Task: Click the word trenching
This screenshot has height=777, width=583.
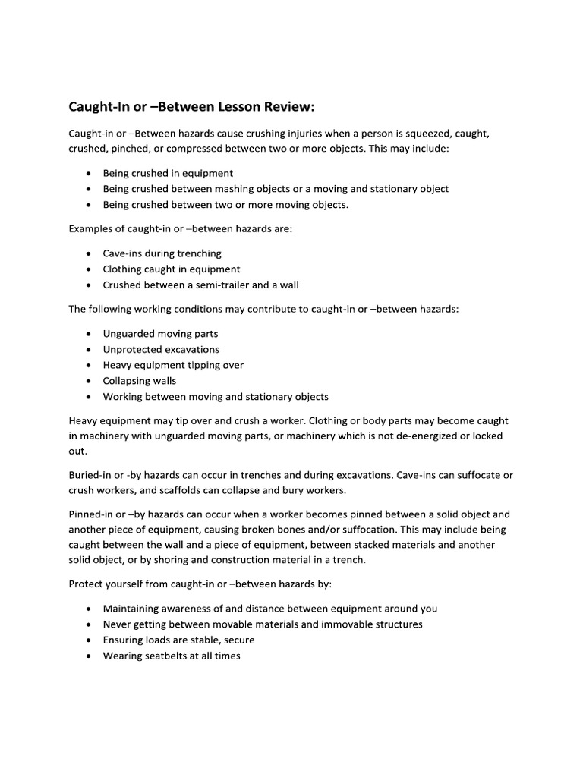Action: (x=195, y=253)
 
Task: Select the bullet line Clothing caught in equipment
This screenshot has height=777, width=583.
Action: (x=172, y=269)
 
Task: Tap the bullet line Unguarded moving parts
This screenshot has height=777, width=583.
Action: (x=160, y=334)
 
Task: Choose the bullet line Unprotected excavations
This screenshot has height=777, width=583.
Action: (x=161, y=350)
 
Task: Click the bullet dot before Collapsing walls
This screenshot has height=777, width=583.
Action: (x=90, y=381)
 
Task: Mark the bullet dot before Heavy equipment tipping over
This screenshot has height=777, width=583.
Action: (x=90, y=365)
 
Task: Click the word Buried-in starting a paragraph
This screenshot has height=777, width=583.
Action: (x=91, y=475)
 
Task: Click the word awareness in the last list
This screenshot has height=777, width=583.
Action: (x=188, y=609)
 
